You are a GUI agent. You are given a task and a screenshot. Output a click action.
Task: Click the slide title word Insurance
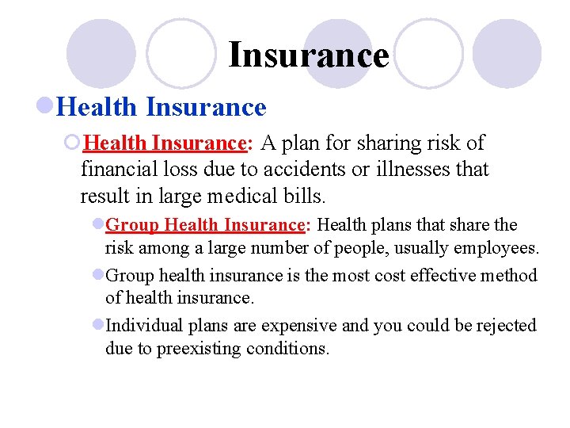(x=309, y=55)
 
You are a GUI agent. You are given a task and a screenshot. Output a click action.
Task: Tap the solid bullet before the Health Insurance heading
(x=46, y=106)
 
